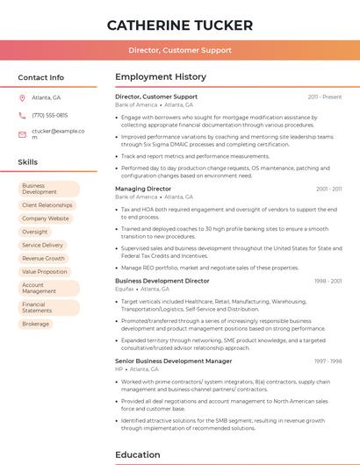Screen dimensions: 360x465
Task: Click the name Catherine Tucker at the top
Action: coord(179,25)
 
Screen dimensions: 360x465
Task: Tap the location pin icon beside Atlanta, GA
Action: coord(22,97)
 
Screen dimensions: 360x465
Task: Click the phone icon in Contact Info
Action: coord(22,115)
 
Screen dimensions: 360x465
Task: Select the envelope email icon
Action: coord(22,134)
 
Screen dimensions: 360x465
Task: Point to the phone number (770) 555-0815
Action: coord(49,115)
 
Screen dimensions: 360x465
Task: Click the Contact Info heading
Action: coord(41,77)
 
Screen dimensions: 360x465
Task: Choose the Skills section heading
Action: coord(28,162)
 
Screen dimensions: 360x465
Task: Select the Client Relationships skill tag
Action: coord(47,205)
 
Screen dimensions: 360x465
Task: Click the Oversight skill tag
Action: coord(35,232)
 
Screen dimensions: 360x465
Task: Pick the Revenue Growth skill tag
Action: coord(44,258)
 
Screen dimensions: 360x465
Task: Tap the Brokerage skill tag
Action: coord(36,324)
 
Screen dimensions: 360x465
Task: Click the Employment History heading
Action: coord(161,77)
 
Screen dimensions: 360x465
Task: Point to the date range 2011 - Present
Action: coord(324,97)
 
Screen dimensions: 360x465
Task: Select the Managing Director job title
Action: coord(143,189)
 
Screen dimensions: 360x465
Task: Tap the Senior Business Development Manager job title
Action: coord(174,361)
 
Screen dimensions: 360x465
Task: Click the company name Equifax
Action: coord(125,289)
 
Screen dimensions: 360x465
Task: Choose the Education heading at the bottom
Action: coord(137,455)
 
